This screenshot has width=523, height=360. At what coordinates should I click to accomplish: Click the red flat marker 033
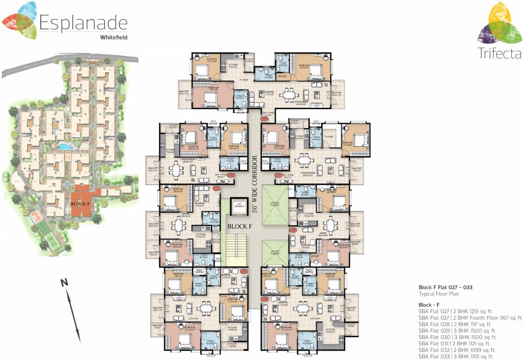(264, 119)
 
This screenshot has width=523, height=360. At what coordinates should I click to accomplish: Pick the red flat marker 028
(293, 231)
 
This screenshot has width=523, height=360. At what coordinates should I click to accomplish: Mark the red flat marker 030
(243, 271)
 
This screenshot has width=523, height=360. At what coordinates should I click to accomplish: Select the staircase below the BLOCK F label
(236, 251)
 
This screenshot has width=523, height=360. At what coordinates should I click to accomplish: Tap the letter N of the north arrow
(64, 283)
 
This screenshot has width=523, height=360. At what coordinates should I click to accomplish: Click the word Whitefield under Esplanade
(113, 36)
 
